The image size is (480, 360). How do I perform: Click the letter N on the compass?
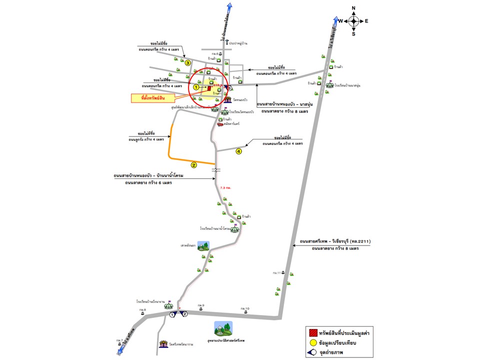(353, 8)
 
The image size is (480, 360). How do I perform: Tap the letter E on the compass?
(366, 21)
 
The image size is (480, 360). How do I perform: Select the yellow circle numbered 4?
(238, 151)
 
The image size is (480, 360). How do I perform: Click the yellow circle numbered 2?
(193, 164)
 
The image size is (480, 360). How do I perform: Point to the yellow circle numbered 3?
(188, 63)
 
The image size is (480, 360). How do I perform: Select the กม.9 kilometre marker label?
(200, 306)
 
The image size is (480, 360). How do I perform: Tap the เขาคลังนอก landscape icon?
(203, 245)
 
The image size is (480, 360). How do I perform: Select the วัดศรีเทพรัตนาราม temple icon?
(163, 344)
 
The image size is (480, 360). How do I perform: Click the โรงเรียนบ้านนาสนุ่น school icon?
(330, 85)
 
